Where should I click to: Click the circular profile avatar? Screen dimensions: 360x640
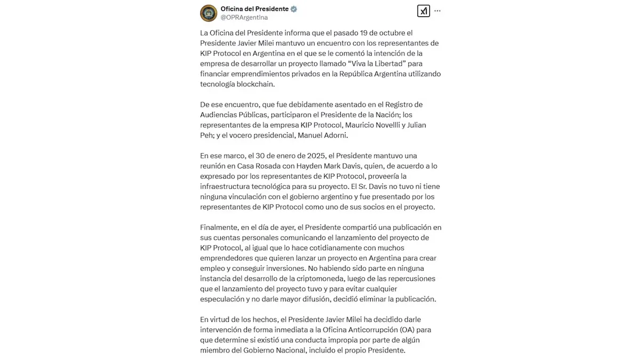click(209, 13)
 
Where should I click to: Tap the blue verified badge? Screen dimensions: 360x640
click(294, 9)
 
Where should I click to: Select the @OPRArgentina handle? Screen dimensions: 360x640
click(244, 18)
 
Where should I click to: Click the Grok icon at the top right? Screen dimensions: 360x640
click(423, 11)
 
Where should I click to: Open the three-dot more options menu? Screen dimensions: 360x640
click(437, 11)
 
